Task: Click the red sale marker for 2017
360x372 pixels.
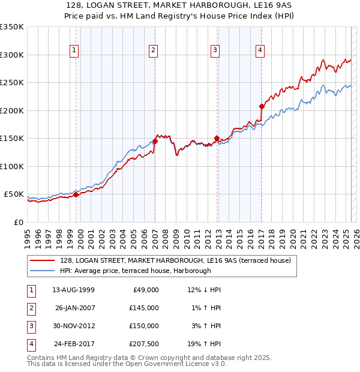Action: [262, 106]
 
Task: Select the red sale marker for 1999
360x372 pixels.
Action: [76, 194]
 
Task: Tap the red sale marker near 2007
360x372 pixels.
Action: [155, 141]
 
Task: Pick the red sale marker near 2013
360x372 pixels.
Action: [217, 138]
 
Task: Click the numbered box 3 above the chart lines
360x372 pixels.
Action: [215, 50]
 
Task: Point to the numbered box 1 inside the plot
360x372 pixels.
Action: [74, 50]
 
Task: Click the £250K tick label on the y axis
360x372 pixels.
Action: [12, 83]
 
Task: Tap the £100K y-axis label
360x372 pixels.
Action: [12, 166]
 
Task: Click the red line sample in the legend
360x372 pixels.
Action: [43, 260]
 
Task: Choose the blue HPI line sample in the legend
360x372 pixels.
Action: [43, 271]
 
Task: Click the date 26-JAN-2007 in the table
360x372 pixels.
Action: [76, 308]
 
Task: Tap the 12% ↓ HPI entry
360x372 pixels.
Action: [204, 290]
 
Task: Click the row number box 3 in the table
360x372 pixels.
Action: [31, 326]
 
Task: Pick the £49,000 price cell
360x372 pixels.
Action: [146, 290]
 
